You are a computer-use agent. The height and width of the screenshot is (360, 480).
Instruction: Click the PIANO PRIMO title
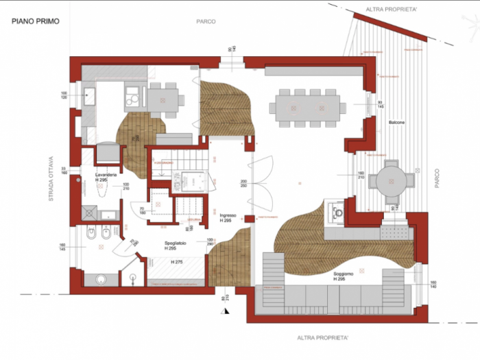(x=35, y=21)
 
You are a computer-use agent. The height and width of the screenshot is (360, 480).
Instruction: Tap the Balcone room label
(x=396, y=122)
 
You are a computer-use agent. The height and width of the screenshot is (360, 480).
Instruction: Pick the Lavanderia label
(x=108, y=176)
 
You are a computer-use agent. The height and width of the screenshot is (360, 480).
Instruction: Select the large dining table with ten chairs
(x=307, y=107)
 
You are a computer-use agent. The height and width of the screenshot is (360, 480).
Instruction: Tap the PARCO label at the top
(x=206, y=21)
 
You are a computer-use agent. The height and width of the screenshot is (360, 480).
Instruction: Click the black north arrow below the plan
(x=224, y=311)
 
